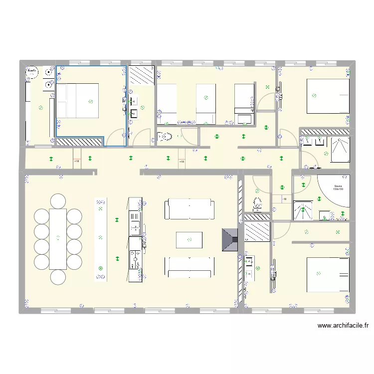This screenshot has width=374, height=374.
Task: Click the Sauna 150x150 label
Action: [339, 188]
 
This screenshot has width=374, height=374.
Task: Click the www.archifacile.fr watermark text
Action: [343, 326]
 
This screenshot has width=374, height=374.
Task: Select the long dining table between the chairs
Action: [58, 238]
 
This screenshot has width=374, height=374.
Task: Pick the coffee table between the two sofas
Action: [189, 240]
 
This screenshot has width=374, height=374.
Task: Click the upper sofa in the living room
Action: [189, 208]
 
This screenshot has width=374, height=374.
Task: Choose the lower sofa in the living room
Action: [189, 267]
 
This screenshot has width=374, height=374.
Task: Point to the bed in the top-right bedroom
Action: [328, 96]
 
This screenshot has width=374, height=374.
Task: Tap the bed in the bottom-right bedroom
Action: [328, 274]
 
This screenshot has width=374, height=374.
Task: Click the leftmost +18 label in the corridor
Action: [76, 162]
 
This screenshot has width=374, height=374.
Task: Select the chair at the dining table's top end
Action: [58, 201]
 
